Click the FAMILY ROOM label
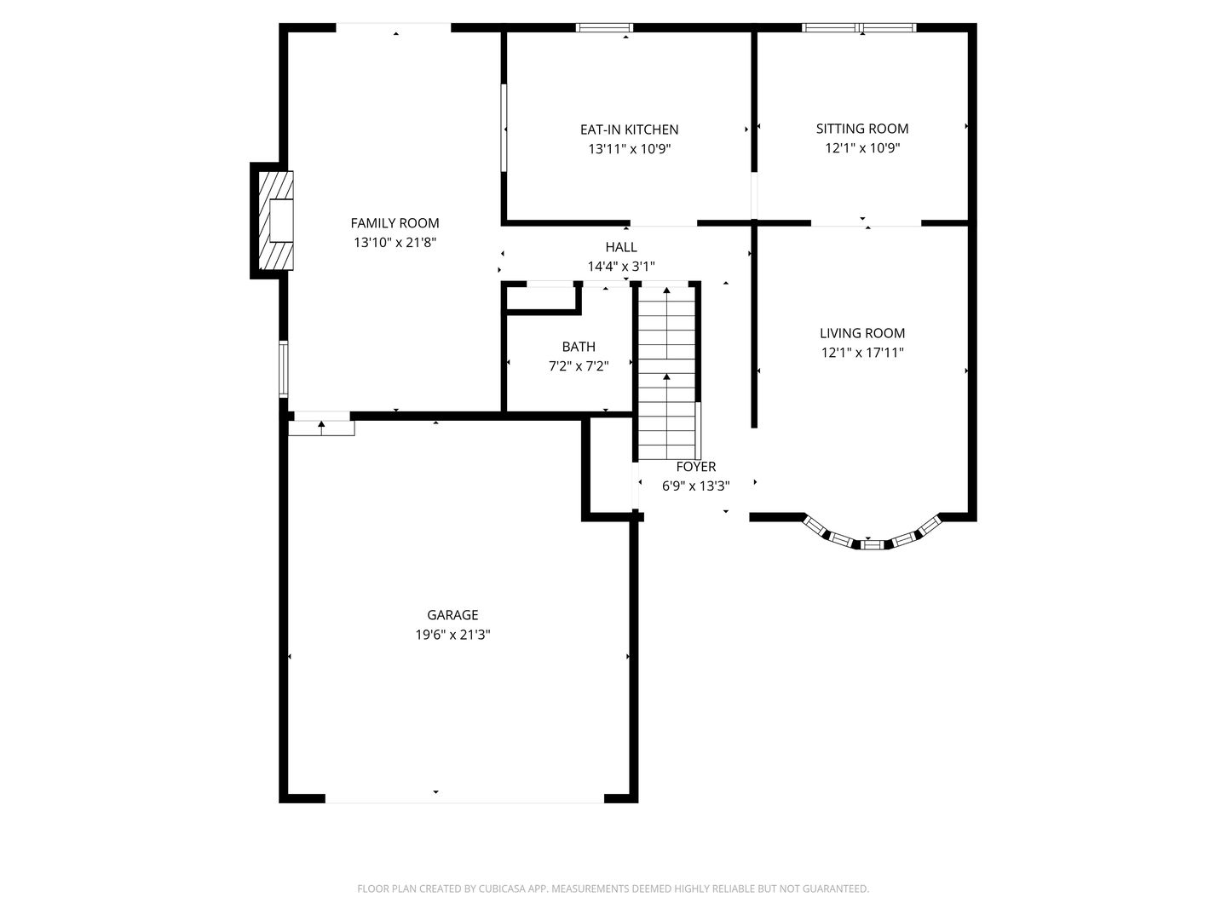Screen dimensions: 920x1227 (x=395, y=223)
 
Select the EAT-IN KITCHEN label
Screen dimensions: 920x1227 (x=629, y=129)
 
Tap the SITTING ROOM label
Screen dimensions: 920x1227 (x=861, y=129)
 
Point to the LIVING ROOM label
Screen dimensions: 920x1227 (x=861, y=333)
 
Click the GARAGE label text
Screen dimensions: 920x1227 (x=452, y=615)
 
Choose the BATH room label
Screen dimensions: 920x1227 (x=578, y=347)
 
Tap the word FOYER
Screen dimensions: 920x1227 (x=695, y=467)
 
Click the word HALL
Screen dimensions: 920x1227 (x=620, y=247)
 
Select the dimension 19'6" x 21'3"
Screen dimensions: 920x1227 (x=452, y=635)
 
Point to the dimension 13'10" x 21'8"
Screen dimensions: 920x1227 (x=395, y=243)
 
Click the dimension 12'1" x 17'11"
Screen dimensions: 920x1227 (x=861, y=353)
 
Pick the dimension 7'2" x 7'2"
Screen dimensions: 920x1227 (x=578, y=366)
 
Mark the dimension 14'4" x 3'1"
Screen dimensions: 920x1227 (x=620, y=267)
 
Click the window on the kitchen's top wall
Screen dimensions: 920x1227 (x=604, y=28)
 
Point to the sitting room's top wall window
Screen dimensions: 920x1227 (x=859, y=28)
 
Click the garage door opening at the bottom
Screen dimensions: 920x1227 (x=464, y=798)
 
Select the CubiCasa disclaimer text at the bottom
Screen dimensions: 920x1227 (x=613, y=888)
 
